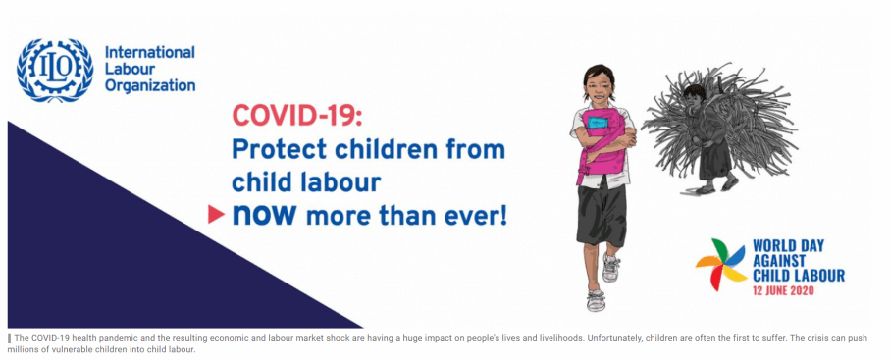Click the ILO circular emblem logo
pos(55,71)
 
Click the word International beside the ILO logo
pos(150,53)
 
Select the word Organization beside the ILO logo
pos(150,86)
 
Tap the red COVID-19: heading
pos(296,116)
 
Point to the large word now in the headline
pos(264,214)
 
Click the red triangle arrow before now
pos(216,214)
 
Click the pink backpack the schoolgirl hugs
pos(602,146)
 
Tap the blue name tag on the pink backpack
pos(598,122)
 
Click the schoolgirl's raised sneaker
pos(610,267)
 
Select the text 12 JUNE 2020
pos(784,290)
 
